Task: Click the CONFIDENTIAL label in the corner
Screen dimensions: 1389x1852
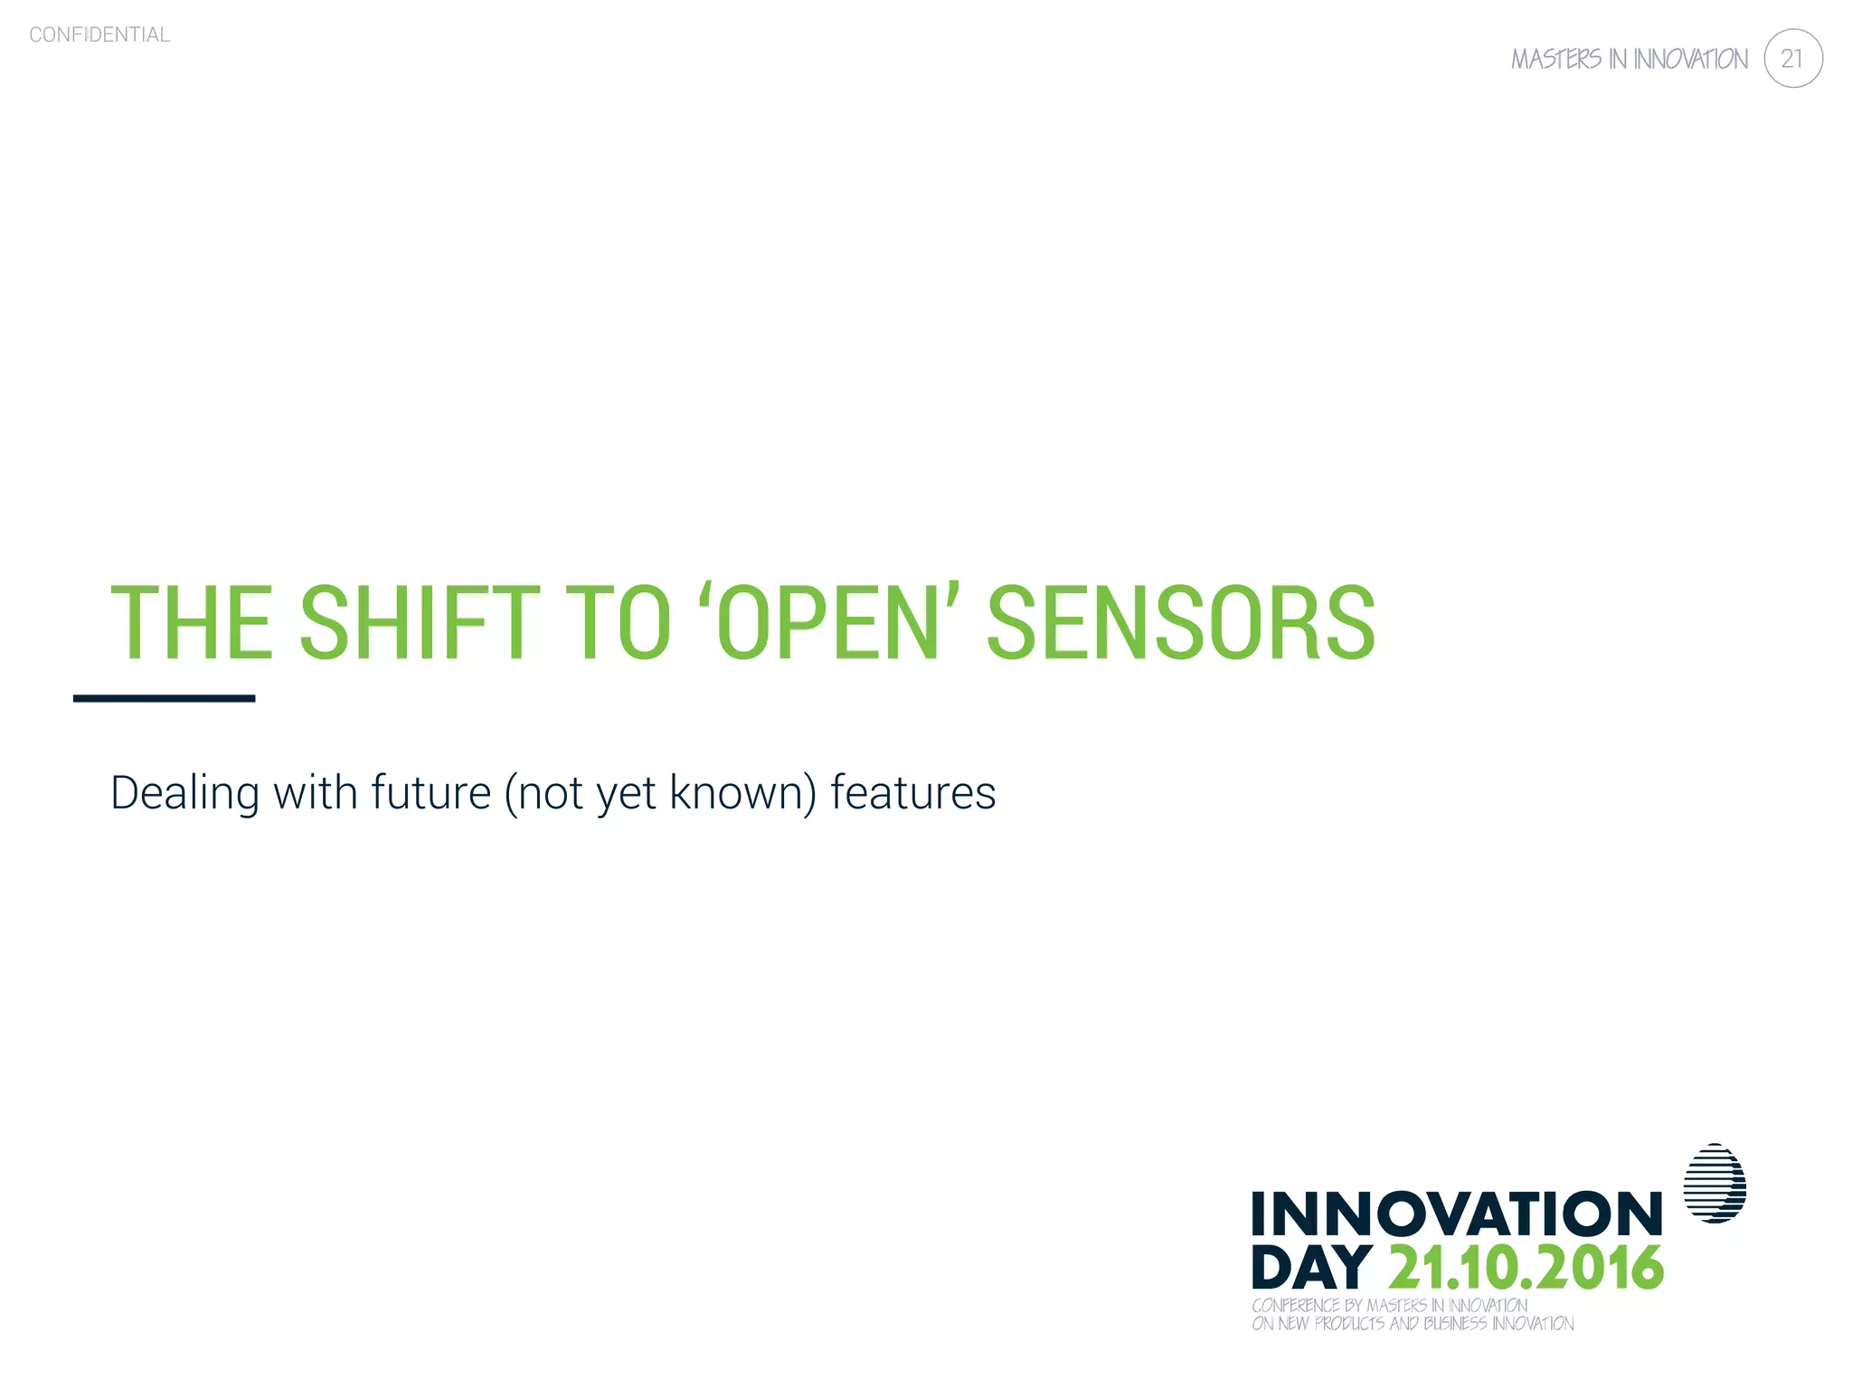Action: point(99,34)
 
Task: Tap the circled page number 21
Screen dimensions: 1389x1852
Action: point(1792,59)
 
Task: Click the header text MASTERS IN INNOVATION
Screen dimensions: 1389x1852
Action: point(1629,60)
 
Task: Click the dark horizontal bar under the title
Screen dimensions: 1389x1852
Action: point(164,698)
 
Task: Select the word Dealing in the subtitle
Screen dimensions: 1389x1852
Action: point(184,794)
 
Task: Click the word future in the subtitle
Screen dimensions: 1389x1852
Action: point(430,792)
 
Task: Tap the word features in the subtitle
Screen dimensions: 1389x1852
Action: point(912,792)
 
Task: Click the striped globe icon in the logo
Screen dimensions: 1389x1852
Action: point(1715,1184)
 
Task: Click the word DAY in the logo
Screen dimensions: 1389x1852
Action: point(1311,1267)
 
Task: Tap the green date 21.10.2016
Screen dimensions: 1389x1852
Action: point(1525,1267)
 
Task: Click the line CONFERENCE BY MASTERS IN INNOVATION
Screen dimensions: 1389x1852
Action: point(1389,1305)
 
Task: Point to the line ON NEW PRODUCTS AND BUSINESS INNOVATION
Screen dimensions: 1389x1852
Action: point(1412,1323)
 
